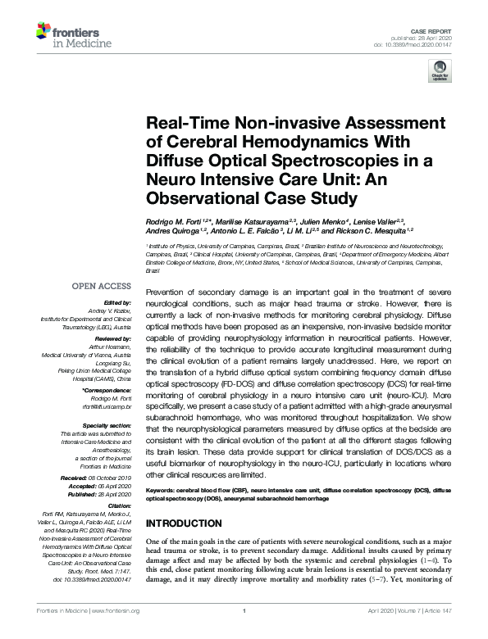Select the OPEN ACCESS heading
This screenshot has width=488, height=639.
click(102, 286)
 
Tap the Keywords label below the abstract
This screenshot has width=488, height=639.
click(164, 488)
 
